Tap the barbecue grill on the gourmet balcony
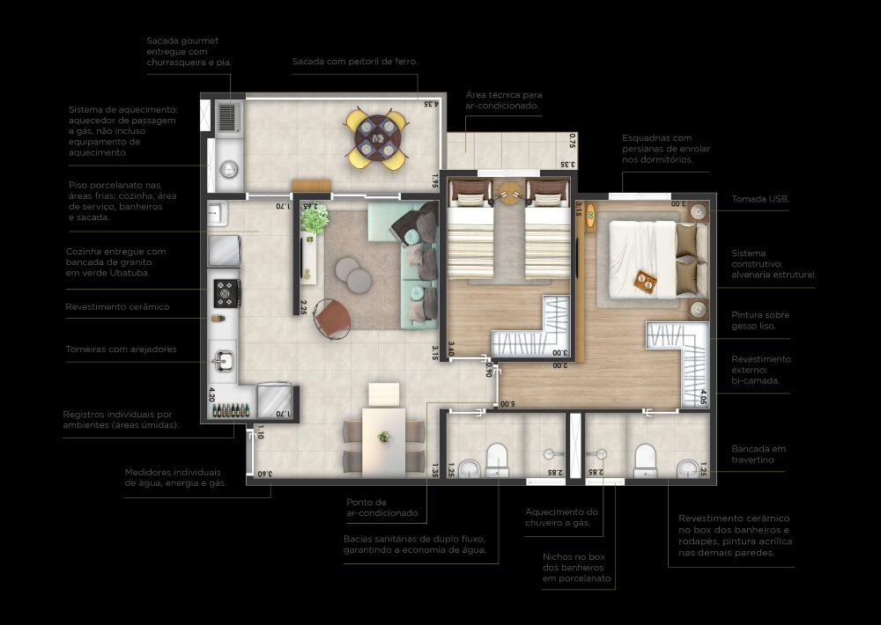pos(229,117)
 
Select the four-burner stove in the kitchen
pos(227,293)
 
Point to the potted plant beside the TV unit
pos(315,218)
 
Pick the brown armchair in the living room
pos(332,319)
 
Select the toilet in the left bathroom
pos(497,460)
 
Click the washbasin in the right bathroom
pos(686,468)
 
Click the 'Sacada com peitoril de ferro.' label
pos(355,62)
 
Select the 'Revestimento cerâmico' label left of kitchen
pos(117,306)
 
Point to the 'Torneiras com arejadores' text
pos(121,349)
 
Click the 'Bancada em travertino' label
pos(759,453)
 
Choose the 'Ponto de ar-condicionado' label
pos(382,507)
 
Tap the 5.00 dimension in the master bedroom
pos(507,404)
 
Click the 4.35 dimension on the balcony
pos(431,103)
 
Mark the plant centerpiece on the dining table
pos(384,437)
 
